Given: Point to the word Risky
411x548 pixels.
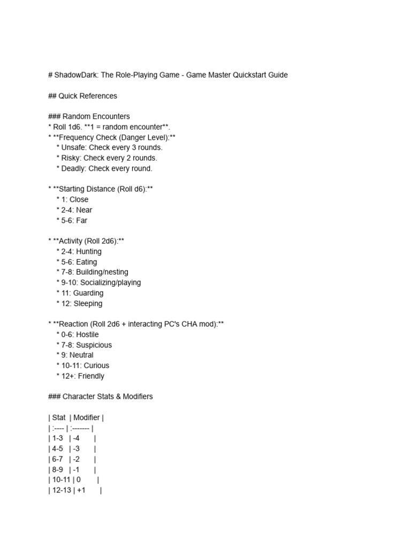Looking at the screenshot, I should tap(71, 158).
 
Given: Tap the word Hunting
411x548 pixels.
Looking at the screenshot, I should tap(89, 252).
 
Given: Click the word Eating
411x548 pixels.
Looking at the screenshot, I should tap(87, 262).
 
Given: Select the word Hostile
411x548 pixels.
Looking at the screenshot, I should tap(87, 334).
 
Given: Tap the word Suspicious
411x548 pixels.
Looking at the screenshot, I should tap(94, 345).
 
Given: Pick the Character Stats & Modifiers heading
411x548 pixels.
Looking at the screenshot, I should tap(108, 397).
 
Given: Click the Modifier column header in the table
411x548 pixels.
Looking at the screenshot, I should tap(87, 417).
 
